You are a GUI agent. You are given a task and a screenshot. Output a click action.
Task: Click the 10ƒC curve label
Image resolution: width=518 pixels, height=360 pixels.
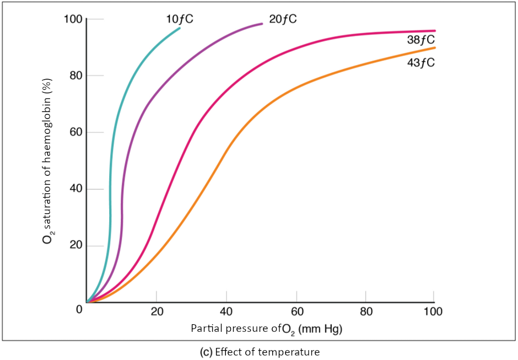click(x=180, y=19)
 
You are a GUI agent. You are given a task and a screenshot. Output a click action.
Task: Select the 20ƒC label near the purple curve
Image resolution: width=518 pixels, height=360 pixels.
click(x=283, y=19)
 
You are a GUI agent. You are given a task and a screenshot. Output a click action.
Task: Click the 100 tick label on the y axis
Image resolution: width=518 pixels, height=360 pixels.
click(x=72, y=20)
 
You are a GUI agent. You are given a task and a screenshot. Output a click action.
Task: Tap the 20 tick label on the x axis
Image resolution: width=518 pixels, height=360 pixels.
click(x=157, y=311)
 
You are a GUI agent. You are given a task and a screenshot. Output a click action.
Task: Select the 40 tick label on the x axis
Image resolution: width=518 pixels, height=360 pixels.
click(x=226, y=311)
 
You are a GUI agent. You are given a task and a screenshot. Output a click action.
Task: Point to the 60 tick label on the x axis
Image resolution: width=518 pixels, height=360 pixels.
click(x=296, y=311)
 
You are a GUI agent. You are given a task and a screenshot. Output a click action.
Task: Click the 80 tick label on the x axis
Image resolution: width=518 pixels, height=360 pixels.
click(x=365, y=311)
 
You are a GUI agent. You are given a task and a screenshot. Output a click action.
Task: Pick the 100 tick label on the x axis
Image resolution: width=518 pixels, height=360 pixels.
click(x=433, y=311)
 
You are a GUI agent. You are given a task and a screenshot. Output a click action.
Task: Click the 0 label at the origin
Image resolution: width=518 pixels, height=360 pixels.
click(x=79, y=309)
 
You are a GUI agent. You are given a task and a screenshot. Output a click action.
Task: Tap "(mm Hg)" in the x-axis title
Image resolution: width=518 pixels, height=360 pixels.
click(x=320, y=330)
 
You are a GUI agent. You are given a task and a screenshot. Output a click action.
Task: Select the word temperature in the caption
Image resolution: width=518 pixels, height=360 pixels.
click(x=293, y=352)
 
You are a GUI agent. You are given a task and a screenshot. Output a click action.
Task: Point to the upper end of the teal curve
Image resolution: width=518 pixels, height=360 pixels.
click(x=180, y=28)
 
